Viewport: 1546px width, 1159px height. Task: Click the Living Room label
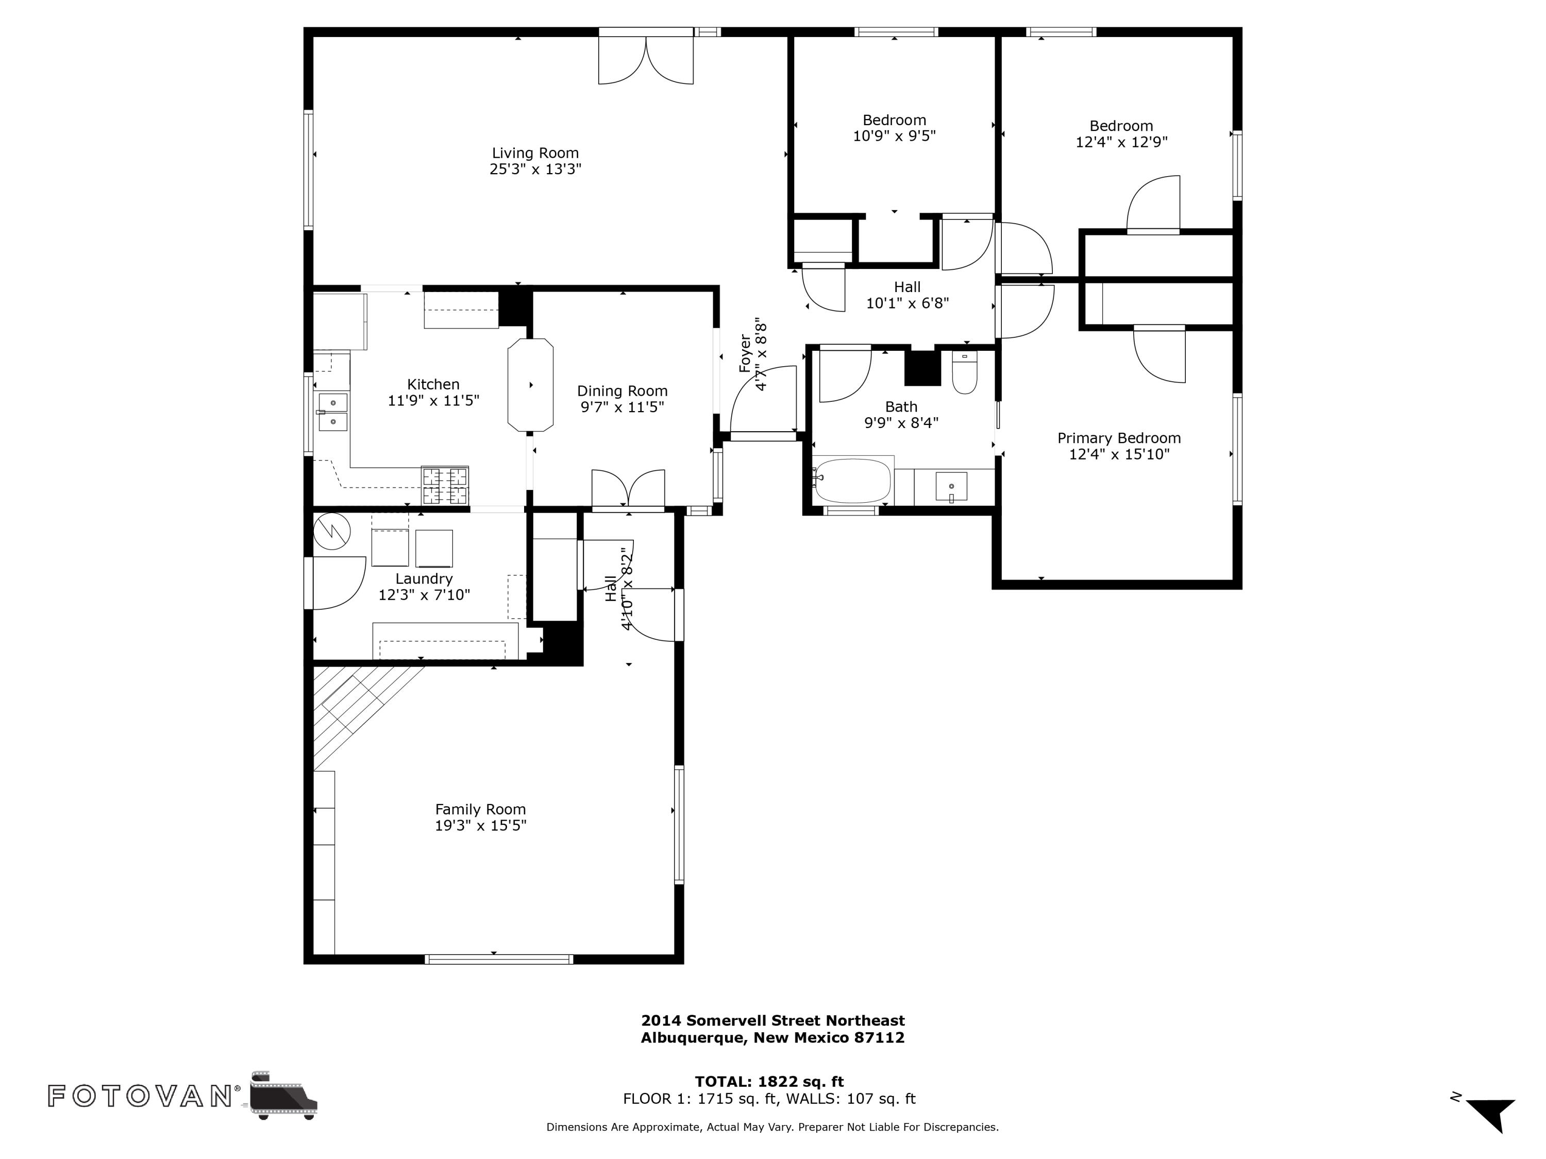535,153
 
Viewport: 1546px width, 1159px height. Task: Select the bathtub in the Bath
853,481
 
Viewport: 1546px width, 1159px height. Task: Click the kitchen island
530,385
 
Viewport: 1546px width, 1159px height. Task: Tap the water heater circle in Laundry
331,532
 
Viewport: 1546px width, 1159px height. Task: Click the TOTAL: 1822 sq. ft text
769,1081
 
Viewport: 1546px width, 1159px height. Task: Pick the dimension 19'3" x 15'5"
480,826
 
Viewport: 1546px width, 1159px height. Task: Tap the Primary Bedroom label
1118,438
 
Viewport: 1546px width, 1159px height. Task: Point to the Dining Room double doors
628,489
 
